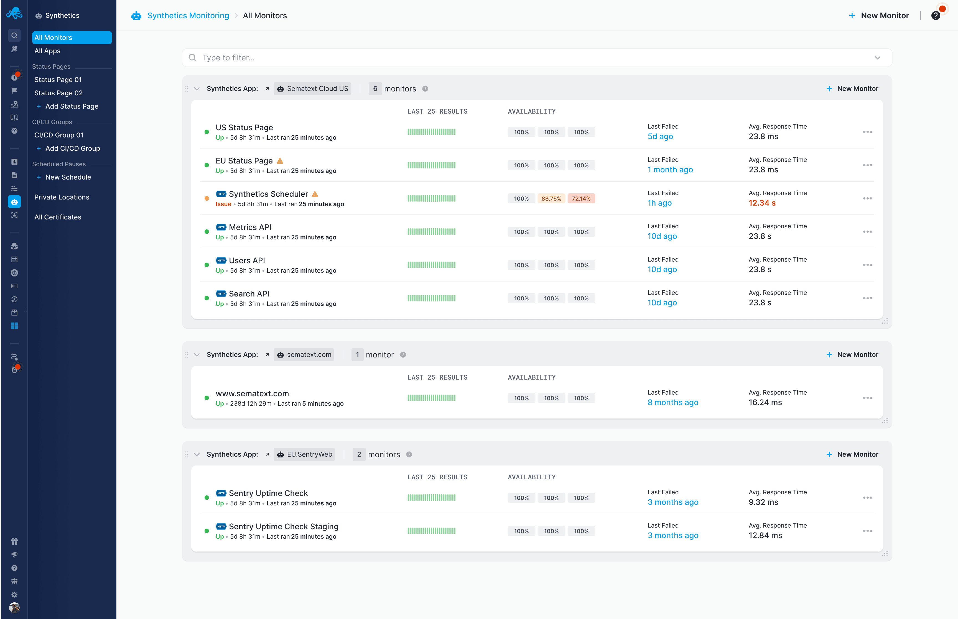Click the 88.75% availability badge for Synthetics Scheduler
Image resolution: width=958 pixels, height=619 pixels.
551,199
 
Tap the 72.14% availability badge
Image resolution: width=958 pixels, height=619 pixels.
581,199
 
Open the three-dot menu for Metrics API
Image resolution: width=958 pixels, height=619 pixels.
867,232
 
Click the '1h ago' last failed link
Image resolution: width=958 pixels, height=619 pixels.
659,203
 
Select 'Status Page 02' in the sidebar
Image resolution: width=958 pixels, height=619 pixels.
58,93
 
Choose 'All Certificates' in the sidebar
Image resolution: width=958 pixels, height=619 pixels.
57,217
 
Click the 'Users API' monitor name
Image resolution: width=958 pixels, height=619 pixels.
247,260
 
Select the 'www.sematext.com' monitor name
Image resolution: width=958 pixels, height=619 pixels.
252,393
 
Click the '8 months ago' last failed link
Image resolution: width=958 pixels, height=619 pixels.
672,402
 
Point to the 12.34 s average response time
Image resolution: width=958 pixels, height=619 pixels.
762,203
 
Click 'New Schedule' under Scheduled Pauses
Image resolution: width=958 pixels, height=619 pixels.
68,177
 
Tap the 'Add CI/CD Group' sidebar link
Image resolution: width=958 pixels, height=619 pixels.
72,148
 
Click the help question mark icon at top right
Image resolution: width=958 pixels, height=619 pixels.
936,16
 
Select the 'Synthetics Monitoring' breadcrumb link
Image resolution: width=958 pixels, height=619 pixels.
188,16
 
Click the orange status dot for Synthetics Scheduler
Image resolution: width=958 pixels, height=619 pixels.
207,199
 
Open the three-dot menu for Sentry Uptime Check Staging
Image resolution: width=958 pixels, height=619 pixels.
867,531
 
